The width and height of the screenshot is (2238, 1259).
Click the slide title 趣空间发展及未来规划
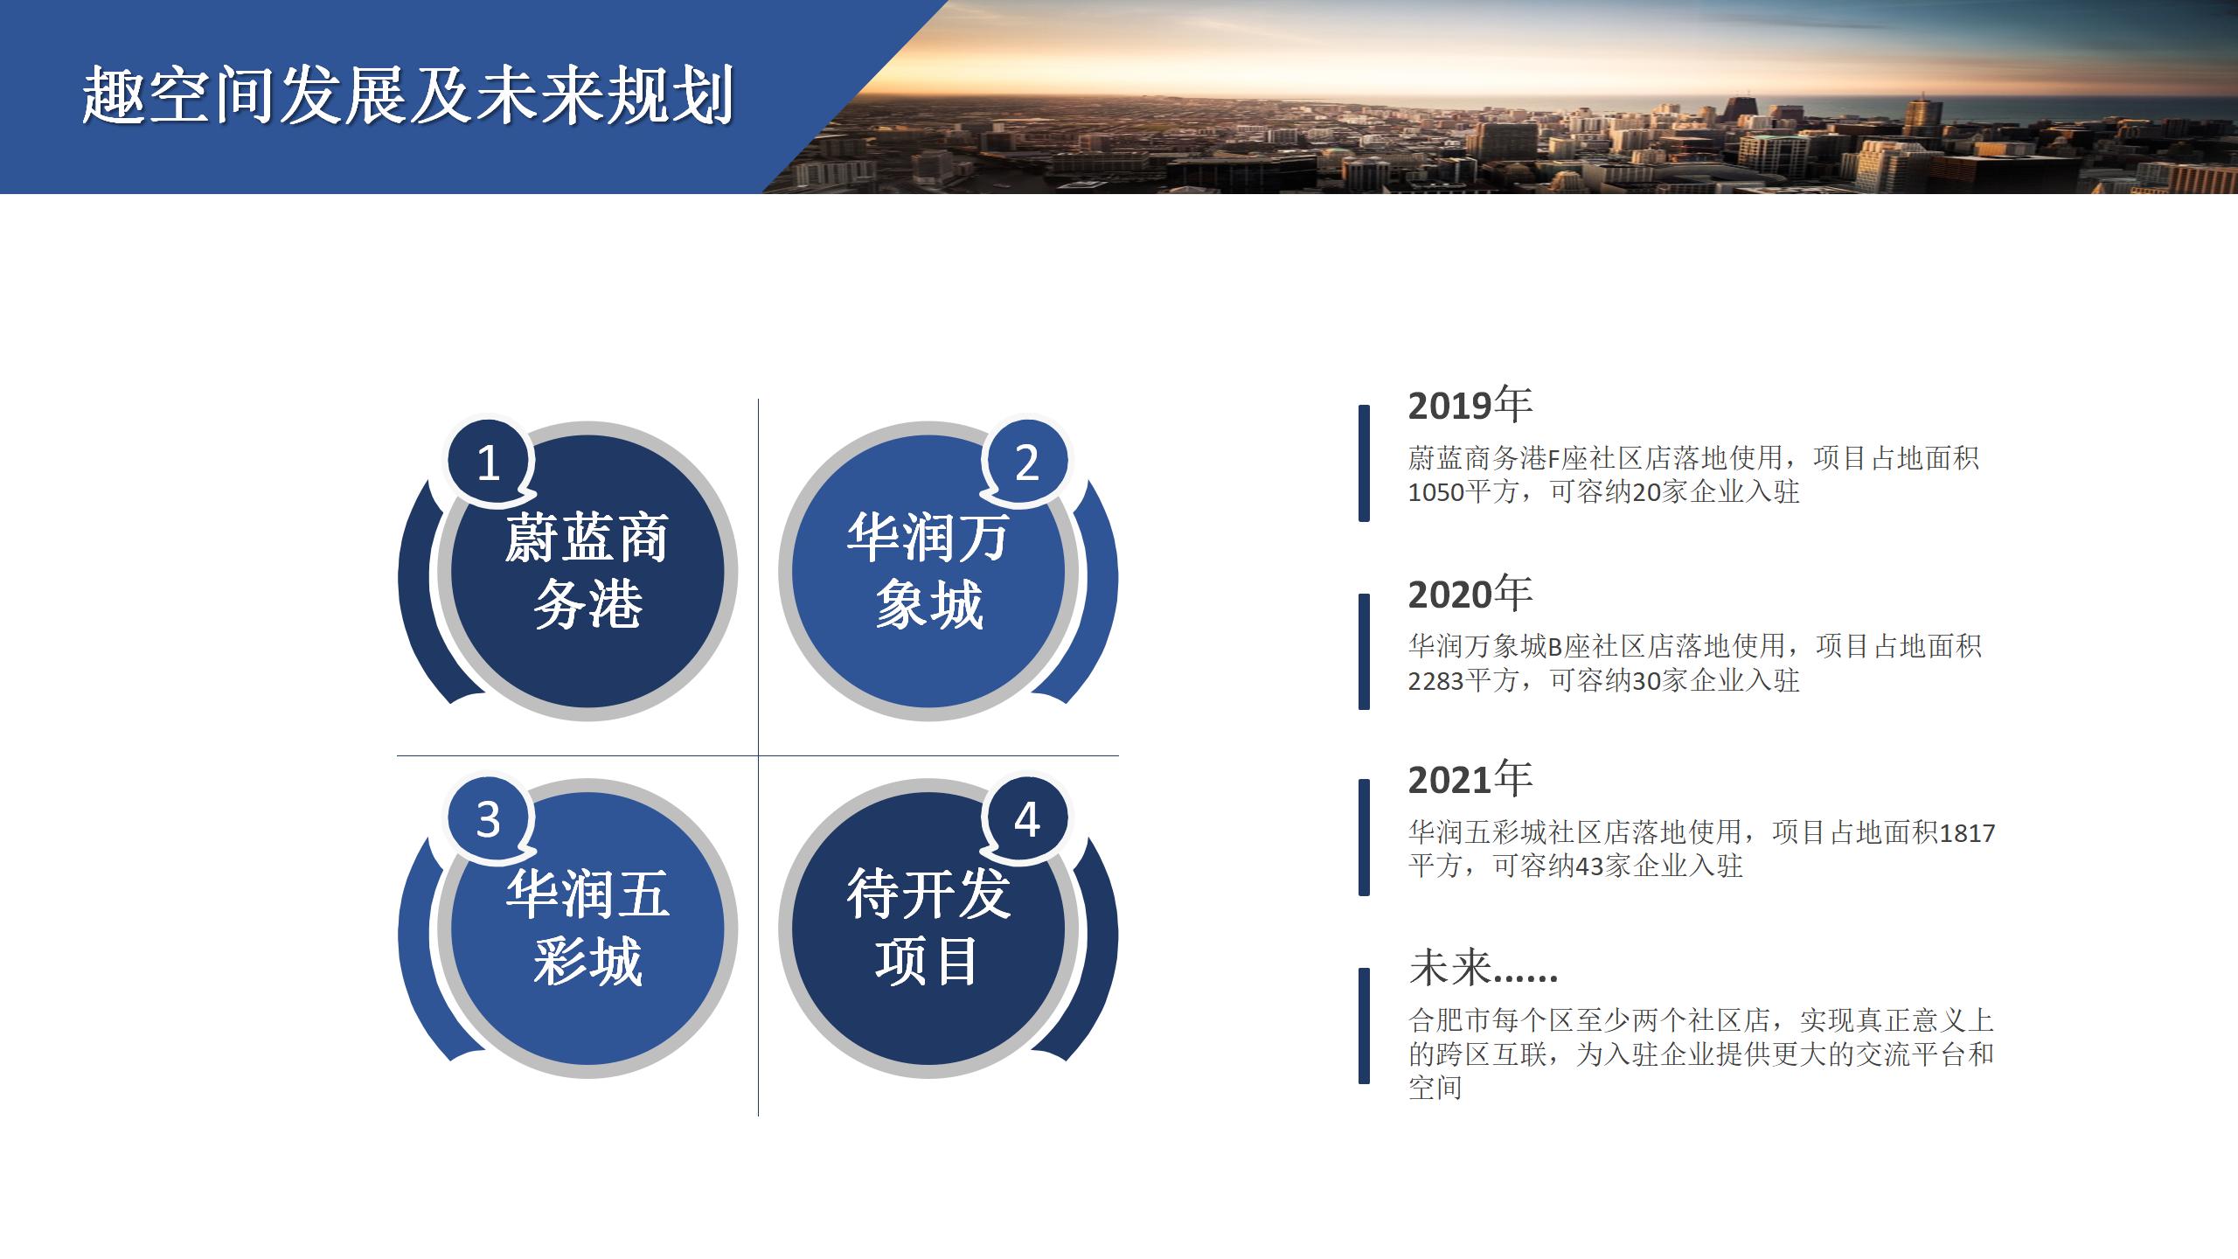[407, 95]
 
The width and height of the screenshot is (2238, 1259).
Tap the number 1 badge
[489, 462]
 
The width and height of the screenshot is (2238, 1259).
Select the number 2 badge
[1026, 462]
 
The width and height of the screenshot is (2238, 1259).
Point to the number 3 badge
[489, 819]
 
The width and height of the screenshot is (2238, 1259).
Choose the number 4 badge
[1026, 819]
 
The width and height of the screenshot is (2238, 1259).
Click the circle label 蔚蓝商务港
[587, 571]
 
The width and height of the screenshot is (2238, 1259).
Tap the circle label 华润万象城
[928, 571]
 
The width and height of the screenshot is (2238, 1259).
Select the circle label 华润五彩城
[587, 929]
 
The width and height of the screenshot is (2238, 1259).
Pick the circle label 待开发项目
[928, 929]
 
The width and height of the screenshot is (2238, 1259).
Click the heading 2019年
[1470, 405]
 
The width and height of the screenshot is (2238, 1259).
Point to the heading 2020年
[1470, 594]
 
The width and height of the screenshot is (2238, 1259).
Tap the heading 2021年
[1470, 779]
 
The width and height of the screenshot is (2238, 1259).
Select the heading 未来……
[1484, 968]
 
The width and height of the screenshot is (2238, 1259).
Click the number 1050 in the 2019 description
[1435, 493]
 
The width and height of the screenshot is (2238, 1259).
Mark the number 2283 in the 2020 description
[1435, 681]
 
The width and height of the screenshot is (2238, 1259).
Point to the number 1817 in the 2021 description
[1968, 833]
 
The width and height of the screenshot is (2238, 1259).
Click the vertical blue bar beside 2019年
[1364, 463]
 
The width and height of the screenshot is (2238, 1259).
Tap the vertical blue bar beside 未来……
[1364, 1026]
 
